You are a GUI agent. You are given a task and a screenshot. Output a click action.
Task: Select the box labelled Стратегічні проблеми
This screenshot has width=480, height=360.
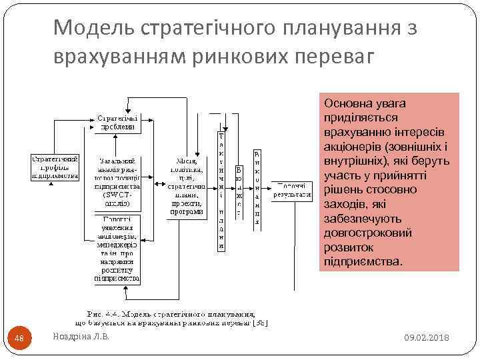coord(118,121)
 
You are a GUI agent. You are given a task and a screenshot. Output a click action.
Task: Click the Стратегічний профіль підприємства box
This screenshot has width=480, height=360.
coord(56,167)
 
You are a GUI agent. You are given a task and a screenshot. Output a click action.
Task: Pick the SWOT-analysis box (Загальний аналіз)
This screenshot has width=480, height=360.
coord(118,183)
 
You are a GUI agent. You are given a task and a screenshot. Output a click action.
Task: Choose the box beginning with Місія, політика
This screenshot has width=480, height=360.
coord(186,187)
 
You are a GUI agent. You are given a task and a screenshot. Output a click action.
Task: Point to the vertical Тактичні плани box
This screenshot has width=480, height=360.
coord(221,190)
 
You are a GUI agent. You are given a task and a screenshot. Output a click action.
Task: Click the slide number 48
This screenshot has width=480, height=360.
coord(19,339)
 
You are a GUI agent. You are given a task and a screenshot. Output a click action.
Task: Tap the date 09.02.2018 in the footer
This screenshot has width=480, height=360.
coord(427,339)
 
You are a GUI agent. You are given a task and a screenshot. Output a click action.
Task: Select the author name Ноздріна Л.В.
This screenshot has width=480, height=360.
coord(81,337)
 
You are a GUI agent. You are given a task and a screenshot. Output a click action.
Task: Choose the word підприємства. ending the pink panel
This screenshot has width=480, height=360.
coord(363,261)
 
